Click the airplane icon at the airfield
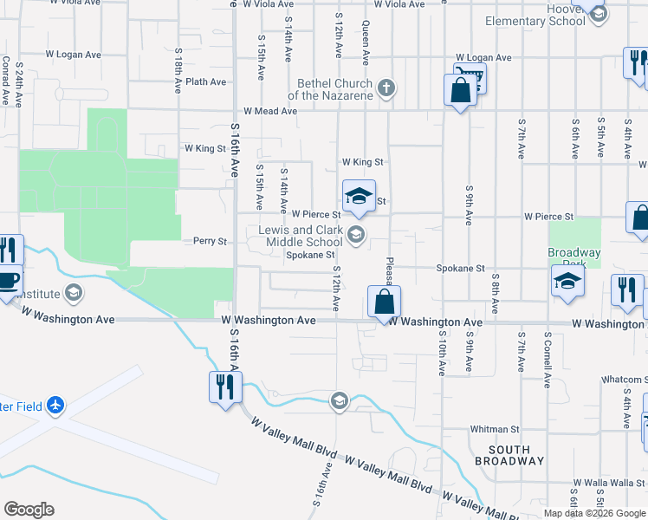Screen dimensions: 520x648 [55, 405]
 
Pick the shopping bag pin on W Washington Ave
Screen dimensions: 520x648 [384, 302]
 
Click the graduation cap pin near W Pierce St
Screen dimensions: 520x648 [359, 197]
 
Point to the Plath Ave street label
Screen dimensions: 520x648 [206, 82]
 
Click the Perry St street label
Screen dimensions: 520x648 [210, 241]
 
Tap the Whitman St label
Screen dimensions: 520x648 [494, 429]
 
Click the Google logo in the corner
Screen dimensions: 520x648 [29, 509]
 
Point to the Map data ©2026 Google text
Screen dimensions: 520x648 [594, 513]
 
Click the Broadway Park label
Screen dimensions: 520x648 [573, 258]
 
